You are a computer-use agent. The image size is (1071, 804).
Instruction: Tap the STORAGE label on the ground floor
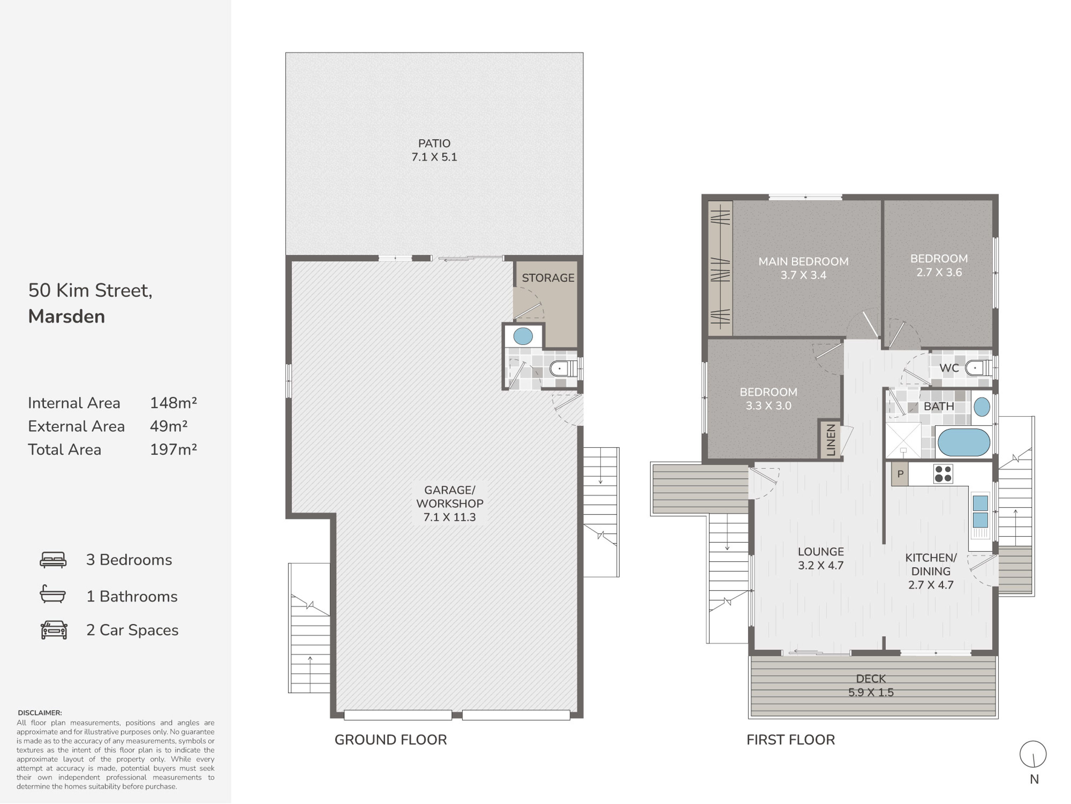(x=548, y=278)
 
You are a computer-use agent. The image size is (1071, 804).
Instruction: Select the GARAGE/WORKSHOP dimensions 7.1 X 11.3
(x=449, y=517)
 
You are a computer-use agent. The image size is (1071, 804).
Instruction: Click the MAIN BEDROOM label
(x=803, y=261)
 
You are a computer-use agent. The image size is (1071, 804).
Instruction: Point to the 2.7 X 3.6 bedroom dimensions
(x=939, y=272)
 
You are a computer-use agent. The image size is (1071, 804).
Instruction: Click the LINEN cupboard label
(x=830, y=440)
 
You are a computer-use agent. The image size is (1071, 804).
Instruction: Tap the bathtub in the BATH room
(x=964, y=442)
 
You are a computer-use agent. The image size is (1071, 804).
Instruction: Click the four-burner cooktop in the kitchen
(x=943, y=474)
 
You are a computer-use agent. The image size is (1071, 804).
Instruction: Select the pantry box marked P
(x=900, y=474)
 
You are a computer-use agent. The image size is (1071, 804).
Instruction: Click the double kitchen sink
(x=980, y=511)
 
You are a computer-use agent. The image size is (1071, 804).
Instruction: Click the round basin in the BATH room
(x=981, y=407)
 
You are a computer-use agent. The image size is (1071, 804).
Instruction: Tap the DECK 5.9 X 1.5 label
(x=871, y=685)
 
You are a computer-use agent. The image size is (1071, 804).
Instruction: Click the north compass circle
(x=1033, y=754)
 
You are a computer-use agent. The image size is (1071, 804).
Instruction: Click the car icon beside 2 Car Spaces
(x=54, y=630)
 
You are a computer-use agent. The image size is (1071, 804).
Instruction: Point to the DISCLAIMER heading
(x=40, y=713)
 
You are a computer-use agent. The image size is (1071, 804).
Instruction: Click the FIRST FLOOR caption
(x=791, y=740)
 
